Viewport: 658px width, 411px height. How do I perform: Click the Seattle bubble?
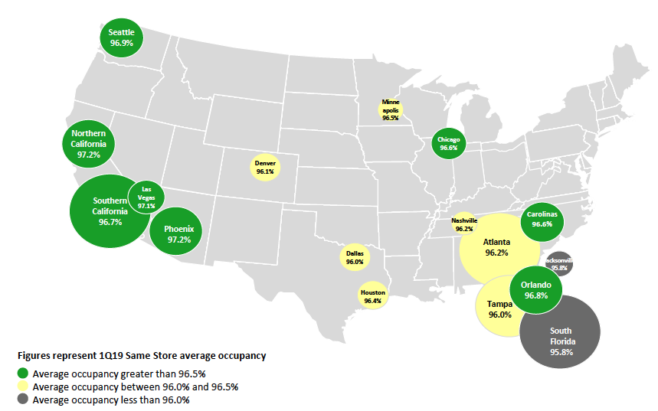point(121,38)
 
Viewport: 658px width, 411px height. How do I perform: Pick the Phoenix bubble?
point(178,234)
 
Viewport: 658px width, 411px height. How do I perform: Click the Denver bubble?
point(265,167)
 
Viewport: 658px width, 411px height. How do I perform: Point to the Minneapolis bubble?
point(391,110)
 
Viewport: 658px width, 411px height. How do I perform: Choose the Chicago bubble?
point(449,143)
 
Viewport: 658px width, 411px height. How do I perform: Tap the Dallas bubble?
point(355,257)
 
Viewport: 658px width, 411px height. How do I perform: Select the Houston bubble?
point(372,296)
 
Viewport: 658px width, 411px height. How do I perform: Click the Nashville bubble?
point(464,224)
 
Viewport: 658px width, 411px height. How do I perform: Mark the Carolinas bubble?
point(542,219)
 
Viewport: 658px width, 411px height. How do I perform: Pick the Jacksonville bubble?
point(558,263)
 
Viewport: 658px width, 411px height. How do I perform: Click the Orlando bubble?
point(536,290)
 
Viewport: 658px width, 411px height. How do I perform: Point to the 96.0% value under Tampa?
point(499,315)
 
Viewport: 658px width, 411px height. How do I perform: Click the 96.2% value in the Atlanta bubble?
point(496,253)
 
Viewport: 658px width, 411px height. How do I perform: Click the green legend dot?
point(24,373)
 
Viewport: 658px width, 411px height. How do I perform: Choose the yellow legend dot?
point(24,387)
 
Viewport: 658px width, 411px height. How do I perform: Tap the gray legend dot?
point(24,400)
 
